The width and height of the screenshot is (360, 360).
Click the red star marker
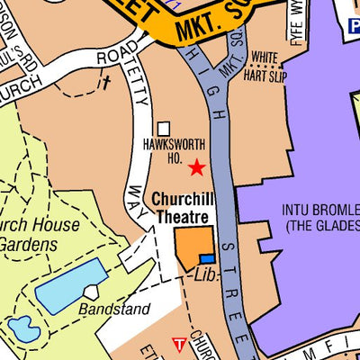point(196,167)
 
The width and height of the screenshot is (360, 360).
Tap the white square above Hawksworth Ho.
point(164,130)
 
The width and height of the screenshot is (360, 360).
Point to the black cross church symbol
point(105,83)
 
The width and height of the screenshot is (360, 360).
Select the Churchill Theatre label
point(180,208)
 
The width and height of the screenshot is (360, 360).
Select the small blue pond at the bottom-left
point(22,329)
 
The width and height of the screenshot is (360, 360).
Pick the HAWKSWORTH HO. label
point(175,150)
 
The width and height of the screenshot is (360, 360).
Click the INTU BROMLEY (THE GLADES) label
point(322,218)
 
